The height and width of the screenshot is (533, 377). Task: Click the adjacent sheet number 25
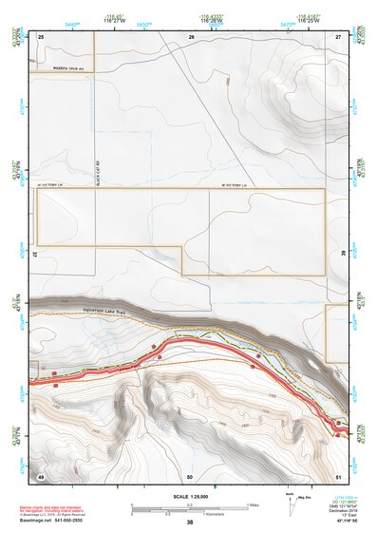click(41, 35)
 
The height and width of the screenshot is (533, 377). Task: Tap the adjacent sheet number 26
click(191, 35)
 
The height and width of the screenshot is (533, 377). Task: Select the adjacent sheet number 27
click(339, 35)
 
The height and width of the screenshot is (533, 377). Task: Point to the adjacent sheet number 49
click(41, 475)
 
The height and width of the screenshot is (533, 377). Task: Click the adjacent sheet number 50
click(190, 475)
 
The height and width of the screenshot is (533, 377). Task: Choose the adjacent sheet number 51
click(339, 475)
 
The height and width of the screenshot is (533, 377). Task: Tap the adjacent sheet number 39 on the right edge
click(343, 255)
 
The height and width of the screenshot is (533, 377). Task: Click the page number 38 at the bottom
click(190, 523)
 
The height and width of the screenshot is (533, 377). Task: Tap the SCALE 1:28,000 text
click(189, 497)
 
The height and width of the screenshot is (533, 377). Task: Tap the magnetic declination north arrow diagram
click(289, 501)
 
